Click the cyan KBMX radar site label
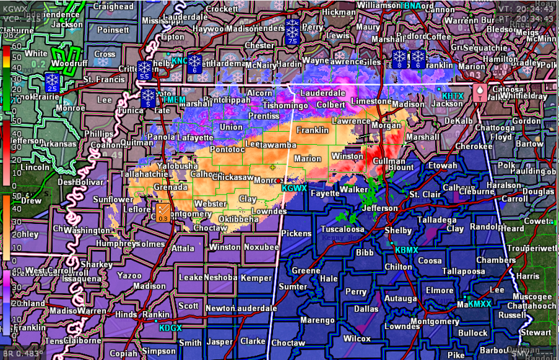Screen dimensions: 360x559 pos(406,250)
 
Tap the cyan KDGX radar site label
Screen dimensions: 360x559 pos(171,328)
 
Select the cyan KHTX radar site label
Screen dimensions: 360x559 pos(452,95)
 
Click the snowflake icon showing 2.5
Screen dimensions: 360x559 pos(52,81)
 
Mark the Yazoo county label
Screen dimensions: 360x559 pos(130,276)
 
